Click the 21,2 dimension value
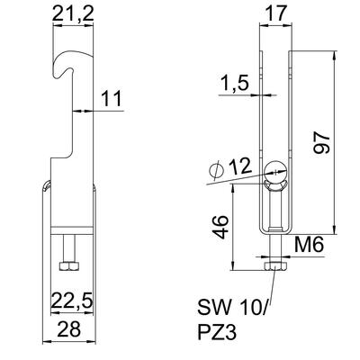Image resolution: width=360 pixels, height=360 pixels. [x=73, y=13]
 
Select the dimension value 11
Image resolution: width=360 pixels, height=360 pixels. [x=112, y=98]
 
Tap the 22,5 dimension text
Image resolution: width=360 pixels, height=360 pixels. [x=71, y=301]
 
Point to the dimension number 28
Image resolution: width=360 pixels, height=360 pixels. [x=68, y=328]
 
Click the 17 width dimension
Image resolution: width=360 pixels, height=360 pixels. [x=276, y=13]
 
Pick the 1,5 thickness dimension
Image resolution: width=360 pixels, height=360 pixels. [x=235, y=83]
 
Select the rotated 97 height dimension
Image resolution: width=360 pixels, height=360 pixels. [x=322, y=142]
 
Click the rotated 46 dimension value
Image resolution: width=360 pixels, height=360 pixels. [x=221, y=227]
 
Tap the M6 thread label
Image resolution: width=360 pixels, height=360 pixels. [x=309, y=245]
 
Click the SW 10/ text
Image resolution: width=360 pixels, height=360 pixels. [x=231, y=307]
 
